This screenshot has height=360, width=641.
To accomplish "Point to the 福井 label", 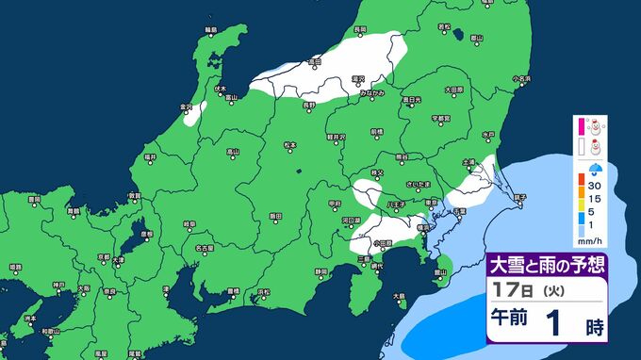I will pos(150,155).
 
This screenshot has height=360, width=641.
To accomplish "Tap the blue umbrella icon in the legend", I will pos(597,171).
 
